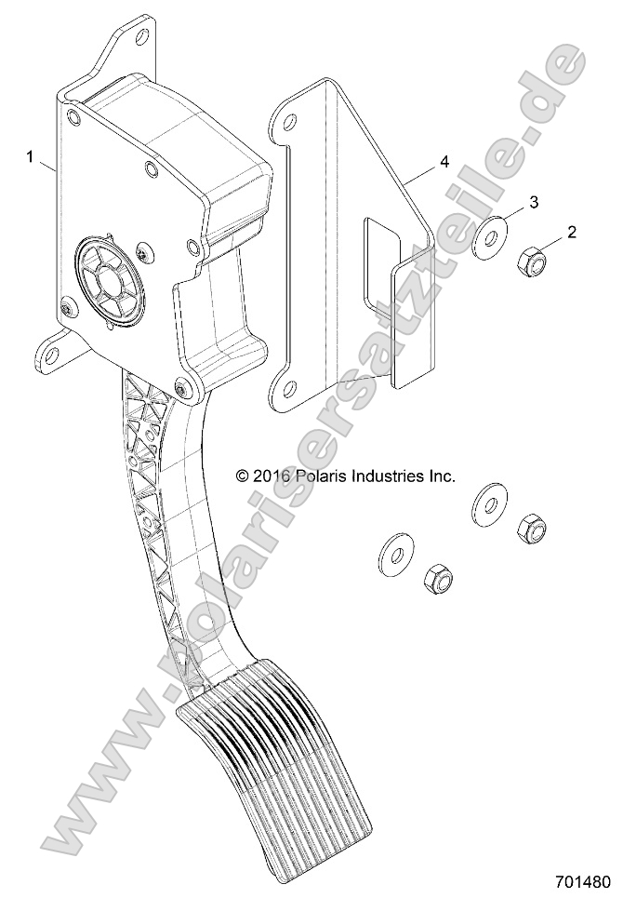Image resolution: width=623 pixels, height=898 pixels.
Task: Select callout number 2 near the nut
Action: (572, 233)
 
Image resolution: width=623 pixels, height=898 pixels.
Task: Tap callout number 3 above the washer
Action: (534, 202)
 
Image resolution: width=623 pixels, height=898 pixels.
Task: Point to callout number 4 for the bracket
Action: (444, 162)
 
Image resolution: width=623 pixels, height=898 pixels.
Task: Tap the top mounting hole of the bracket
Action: (290, 121)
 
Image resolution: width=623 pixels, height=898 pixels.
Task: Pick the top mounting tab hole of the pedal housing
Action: (141, 36)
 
